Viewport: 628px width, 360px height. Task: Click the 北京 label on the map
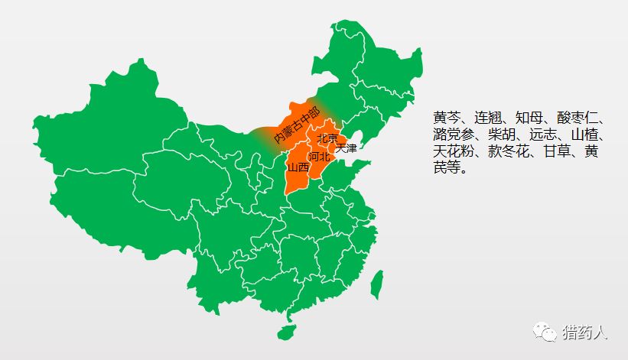327,138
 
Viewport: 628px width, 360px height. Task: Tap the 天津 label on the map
346,148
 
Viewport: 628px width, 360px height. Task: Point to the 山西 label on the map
298,167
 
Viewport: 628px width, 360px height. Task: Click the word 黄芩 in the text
447,118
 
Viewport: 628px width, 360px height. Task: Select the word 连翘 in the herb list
489,118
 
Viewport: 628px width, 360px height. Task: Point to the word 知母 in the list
531,118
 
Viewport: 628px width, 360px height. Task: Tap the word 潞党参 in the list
454,135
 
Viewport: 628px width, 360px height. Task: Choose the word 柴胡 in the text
503,135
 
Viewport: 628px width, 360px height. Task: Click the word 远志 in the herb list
545,135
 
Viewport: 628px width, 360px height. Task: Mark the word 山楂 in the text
587,135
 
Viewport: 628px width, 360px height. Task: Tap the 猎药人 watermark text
585,332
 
